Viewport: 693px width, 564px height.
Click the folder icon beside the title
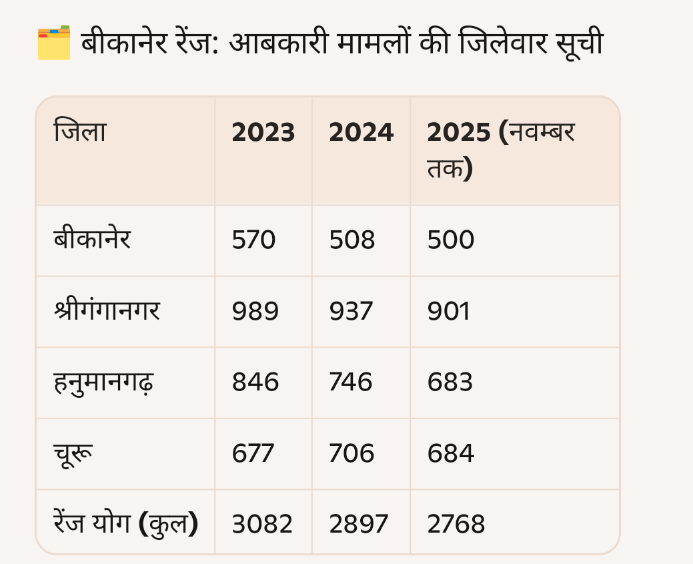point(54,43)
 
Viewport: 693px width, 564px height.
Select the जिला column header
point(80,133)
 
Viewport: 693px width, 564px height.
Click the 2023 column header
point(263,133)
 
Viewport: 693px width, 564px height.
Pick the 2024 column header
point(361,133)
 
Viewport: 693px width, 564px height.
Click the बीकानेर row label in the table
point(92,240)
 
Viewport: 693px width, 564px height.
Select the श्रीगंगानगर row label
point(107,311)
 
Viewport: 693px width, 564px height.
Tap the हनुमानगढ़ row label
point(103,382)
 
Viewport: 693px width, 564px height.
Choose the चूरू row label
point(73,454)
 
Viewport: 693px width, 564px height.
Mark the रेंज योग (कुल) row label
point(125,524)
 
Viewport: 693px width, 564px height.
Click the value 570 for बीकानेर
point(253,240)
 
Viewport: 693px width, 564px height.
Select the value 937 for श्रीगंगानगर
point(351,312)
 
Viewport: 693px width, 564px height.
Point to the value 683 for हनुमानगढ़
point(450,382)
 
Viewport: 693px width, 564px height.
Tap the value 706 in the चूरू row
point(352,454)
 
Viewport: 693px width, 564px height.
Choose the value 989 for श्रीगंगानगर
point(255,312)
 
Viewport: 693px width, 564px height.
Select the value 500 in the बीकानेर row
point(451,240)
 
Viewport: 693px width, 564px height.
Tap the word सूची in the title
point(578,44)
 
